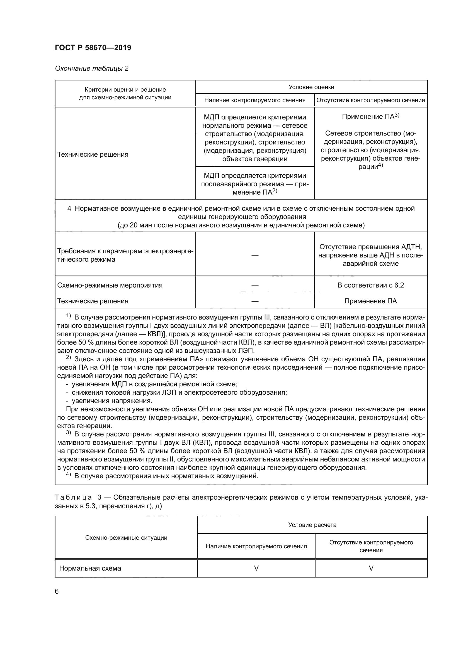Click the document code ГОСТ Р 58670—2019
click(93, 48)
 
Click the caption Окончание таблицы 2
click(92, 68)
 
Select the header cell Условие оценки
click(311, 87)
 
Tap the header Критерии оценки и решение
click(125, 90)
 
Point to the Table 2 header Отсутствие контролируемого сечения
click(370, 100)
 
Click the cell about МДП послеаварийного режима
click(255, 184)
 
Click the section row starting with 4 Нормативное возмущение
click(241, 217)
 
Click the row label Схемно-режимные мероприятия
click(110, 285)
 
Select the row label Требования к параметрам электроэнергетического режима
click(125, 255)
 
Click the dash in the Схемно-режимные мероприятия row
click(255, 285)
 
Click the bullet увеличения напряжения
click(112, 401)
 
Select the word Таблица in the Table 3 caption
click(73, 497)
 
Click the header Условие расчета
click(312, 525)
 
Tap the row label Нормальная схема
click(90, 568)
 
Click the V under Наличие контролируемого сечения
click(256, 568)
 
